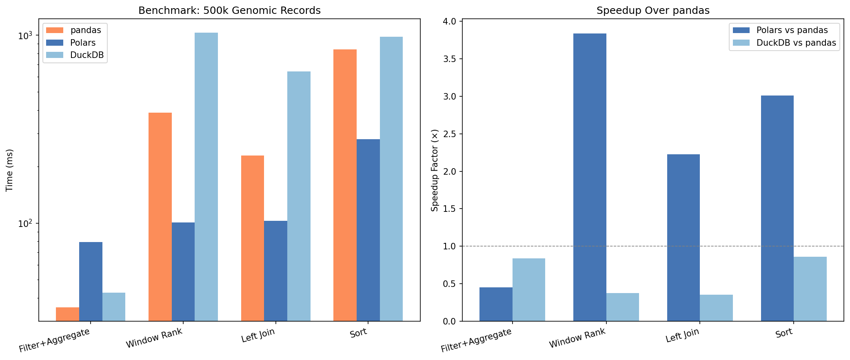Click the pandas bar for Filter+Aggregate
67,314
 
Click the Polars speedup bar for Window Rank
590,177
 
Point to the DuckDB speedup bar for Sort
810,289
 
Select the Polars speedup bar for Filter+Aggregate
496,304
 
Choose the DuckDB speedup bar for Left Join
716,308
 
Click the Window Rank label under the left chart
154,338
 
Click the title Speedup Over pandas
653,11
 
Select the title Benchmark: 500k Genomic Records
229,11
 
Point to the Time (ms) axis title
10,170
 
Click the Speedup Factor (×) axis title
435,170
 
